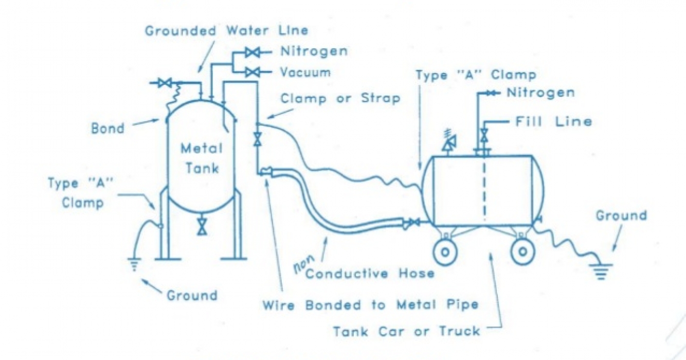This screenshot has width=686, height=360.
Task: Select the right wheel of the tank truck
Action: coord(522,251)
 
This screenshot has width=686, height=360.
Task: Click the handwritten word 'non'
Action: coord(301,265)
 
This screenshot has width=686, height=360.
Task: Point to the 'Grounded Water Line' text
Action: coord(226,30)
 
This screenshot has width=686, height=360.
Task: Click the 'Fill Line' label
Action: coord(553,122)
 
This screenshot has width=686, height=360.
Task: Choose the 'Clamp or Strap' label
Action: coord(340,98)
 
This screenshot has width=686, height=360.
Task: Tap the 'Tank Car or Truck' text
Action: coord(406,331)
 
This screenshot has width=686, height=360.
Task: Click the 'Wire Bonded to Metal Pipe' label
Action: coord(370,304)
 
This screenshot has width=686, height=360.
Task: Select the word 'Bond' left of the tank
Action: coord(107,128)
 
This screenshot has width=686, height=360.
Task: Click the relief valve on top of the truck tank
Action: coord(448,144)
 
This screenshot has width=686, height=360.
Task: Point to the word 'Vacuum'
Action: coord(305,73)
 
